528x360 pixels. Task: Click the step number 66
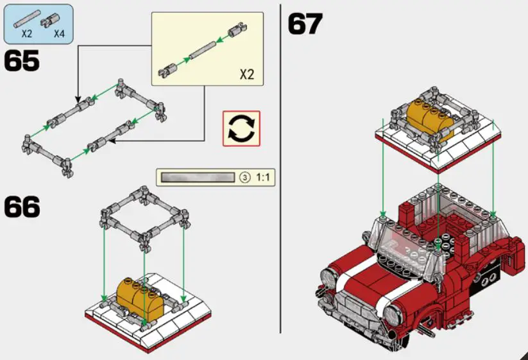[x=22, y=207]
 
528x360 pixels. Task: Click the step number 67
[x=305, y=24]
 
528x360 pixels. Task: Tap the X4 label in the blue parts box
[x=59, y=34]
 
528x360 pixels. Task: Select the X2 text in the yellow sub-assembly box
[x=246, y=74]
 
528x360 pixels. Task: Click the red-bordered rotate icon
[x=241, y=128]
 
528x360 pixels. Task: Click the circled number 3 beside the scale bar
[x=244, y=177]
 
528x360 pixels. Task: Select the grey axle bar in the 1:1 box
[x=198, y=177]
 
